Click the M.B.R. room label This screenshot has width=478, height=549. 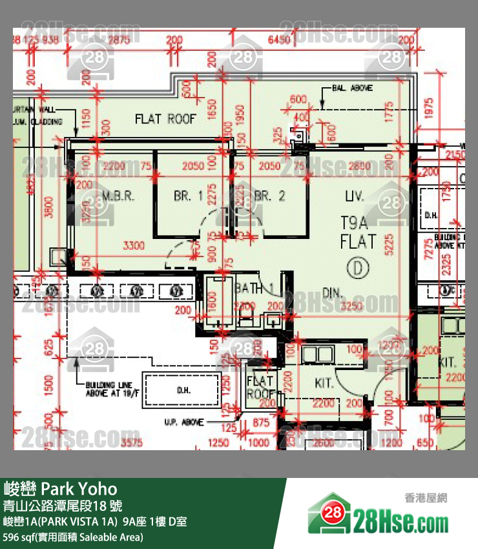click(x=119, y=196)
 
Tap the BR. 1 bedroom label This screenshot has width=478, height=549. click(x=188, y=196)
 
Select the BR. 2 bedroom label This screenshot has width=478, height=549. click(x=270, y=196)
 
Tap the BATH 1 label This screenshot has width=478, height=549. click(x=249, y=288)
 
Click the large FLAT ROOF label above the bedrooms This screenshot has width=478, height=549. click(x=165, y=119)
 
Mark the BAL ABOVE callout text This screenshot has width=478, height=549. click(x=351, y=87)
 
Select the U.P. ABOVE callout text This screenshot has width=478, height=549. click(x=183, y=422)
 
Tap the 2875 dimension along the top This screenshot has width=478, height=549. click(x=119, y=40)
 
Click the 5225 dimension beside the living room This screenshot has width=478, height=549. click(x=388, y=245)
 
